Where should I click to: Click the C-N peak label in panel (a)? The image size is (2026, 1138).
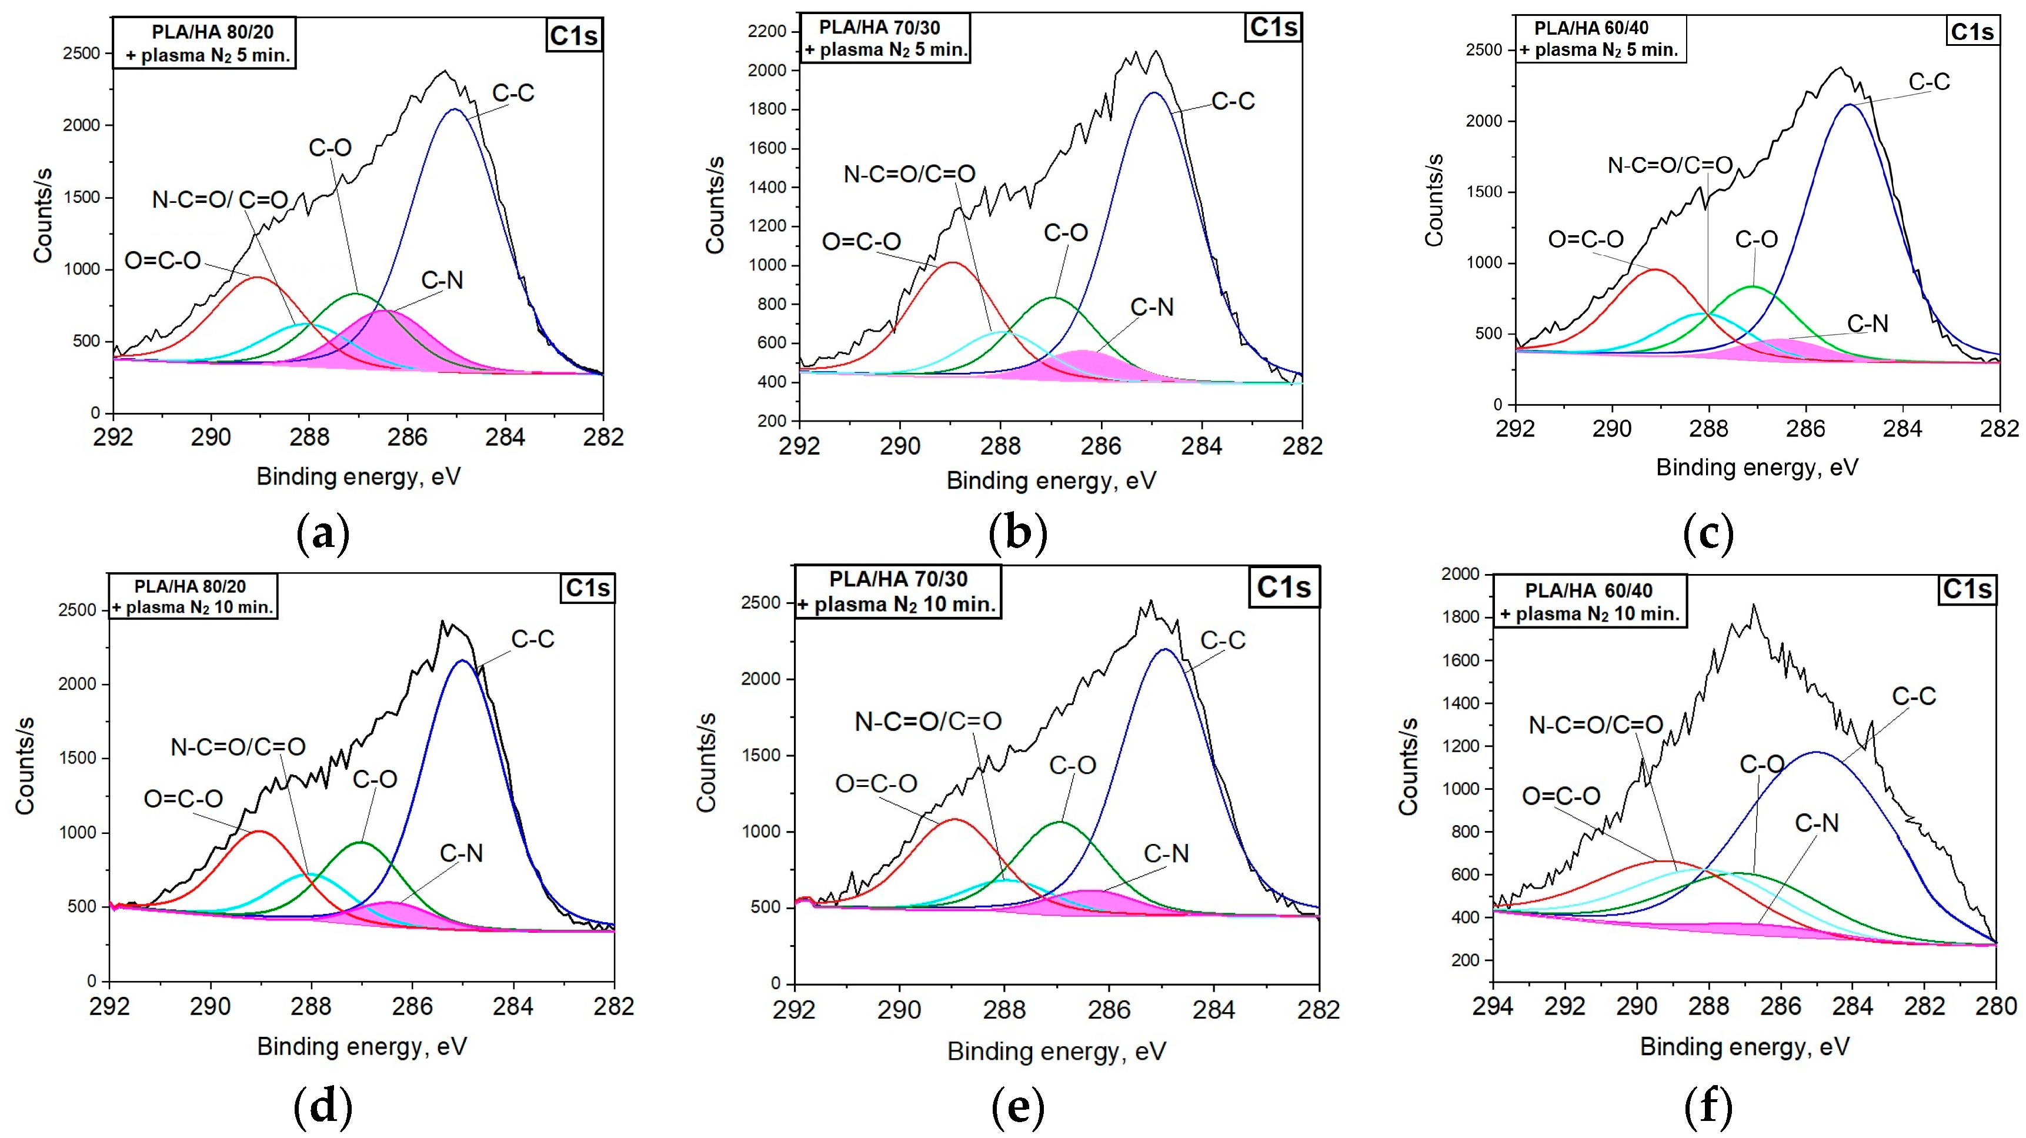[x=442, y=280]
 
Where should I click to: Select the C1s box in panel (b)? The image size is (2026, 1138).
[x=1273, y=28]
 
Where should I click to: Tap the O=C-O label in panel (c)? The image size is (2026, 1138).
[x=1586, y=239]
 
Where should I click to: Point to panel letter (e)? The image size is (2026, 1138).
[x=1018, y=1107]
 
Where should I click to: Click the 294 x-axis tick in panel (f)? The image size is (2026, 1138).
[x=1492, y=1006]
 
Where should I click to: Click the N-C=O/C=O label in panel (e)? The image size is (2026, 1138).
[x=928, y=721]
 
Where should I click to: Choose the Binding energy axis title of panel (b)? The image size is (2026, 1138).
[x=1051, y=480]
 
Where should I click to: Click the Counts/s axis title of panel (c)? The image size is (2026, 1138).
[x=1434, y=201]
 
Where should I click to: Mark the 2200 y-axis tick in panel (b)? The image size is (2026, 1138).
[x=767, y=31]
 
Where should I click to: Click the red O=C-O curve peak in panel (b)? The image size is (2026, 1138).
[x=953, y=263]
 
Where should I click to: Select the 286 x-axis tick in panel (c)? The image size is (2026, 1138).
[x=1806, y=429]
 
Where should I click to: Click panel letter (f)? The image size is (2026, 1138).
[x=1708, y=1107]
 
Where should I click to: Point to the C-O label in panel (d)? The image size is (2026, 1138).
[x=375, y=779]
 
